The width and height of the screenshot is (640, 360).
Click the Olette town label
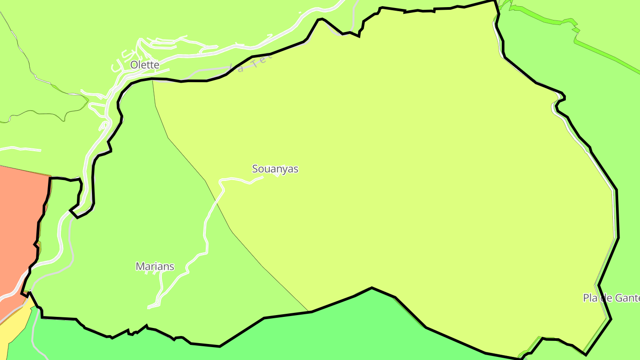coord(144,65)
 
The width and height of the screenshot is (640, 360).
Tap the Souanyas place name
coord(275,169)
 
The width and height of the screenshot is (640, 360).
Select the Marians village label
coord(155,267)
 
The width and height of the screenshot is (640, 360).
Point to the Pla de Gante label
coord(612,298)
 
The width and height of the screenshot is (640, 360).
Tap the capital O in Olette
coord(134,65)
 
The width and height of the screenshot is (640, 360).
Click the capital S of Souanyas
coord(255,169)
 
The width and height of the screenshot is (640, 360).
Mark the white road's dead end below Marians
coord(148,307)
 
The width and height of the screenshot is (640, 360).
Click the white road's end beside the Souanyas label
coord(263,177)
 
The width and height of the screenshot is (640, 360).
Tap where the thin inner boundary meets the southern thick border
coord(308,311)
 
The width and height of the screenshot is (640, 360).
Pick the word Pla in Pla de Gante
coord(590,298)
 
